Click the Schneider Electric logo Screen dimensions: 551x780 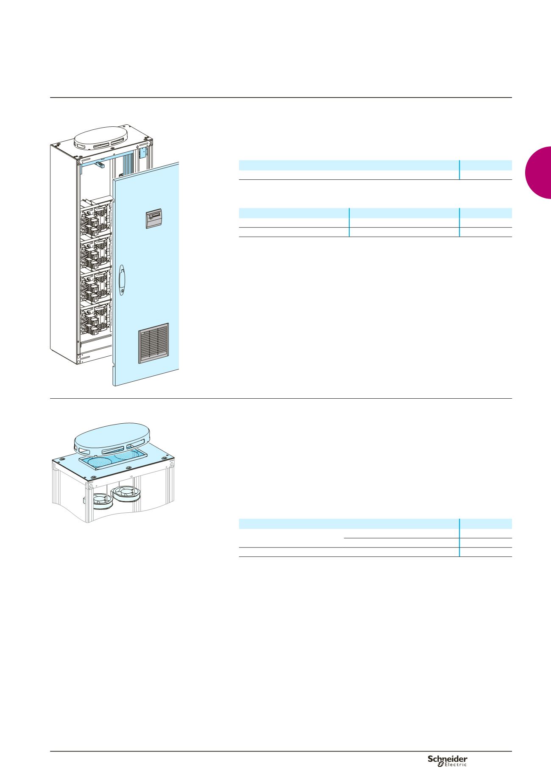click(x=447, y=760)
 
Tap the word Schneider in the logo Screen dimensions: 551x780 click(x=447, y=758)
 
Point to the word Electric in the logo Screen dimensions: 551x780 click(x=455, y=765)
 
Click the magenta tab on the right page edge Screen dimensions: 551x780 click(x=538, y=172)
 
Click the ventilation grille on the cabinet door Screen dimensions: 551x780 click(x=153, y=344)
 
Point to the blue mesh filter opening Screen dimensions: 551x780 click(x=112, y=460)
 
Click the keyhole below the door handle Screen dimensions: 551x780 click(x=122, y=292)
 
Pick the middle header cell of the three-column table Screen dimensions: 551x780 click(x=404, y=213)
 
